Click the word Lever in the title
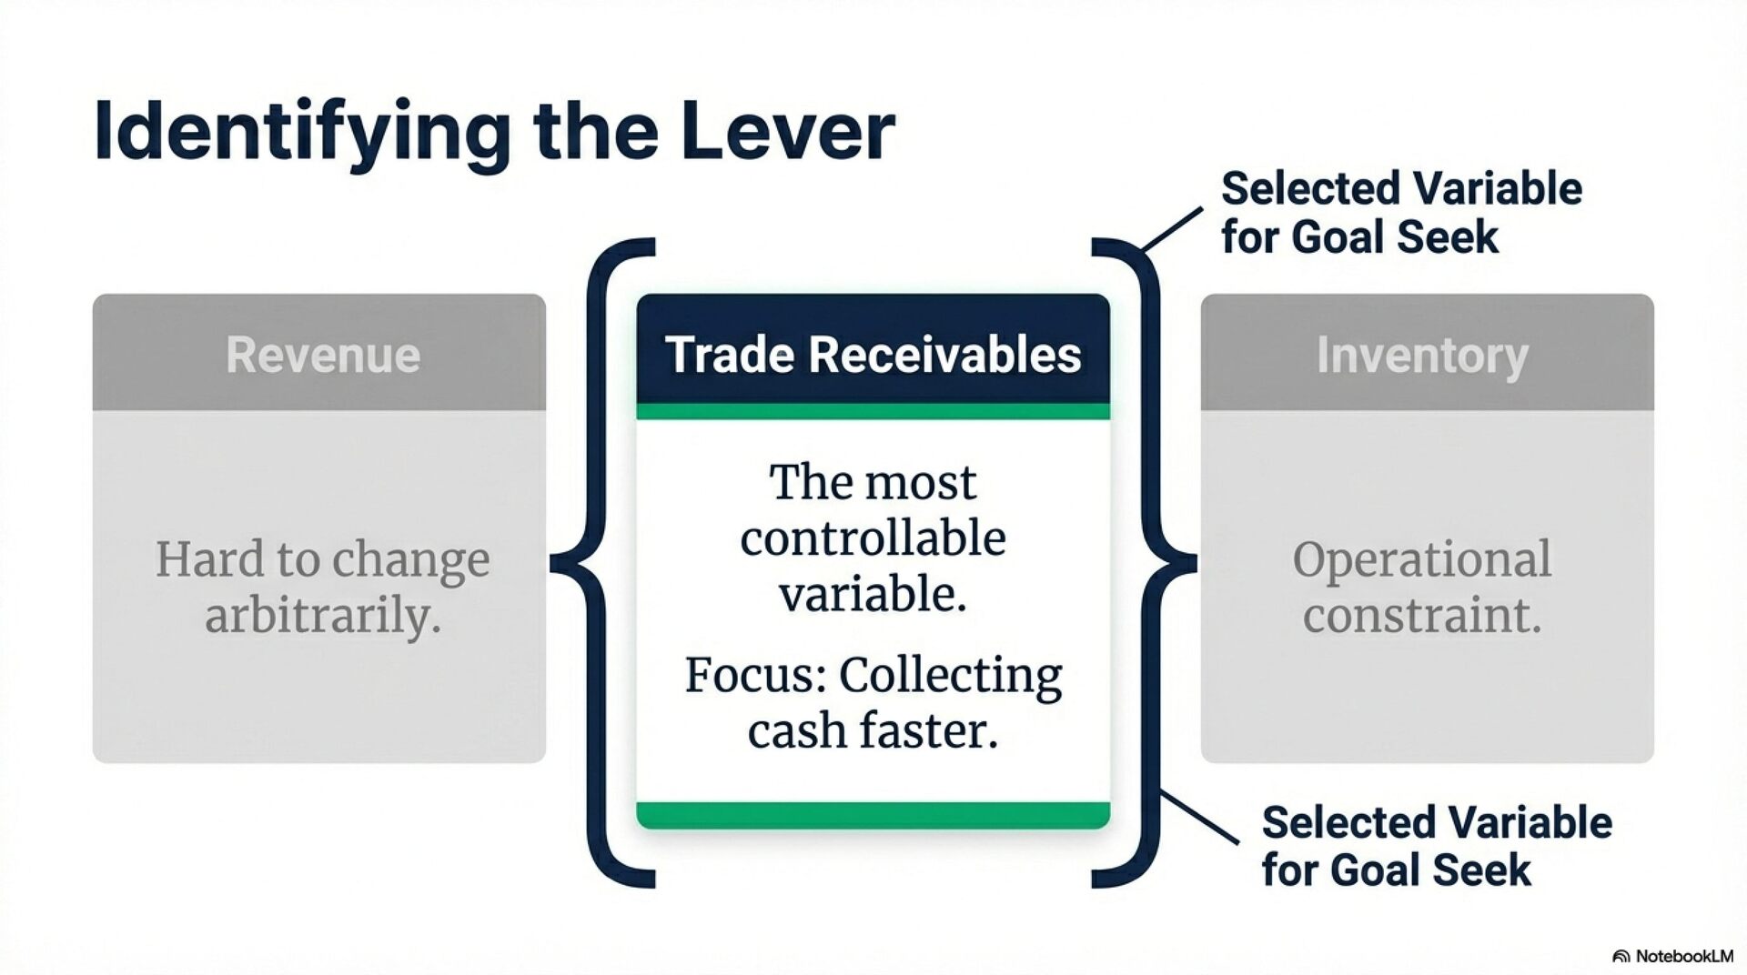pos(788,132)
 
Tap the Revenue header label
pos(323,355)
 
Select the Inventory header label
pos(1422,355)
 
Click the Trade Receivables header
pos(873,355)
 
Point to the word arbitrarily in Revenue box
pos(323,616)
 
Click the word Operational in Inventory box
pos(1421,558)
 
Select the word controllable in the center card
pos(873,538)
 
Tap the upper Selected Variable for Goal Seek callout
pos(1400,213)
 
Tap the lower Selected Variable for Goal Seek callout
pos(1436,846)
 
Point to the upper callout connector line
pos(1172,228)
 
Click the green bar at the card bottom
pos(873,815)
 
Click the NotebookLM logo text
pos(1683,956)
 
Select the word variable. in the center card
pos(873,595)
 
